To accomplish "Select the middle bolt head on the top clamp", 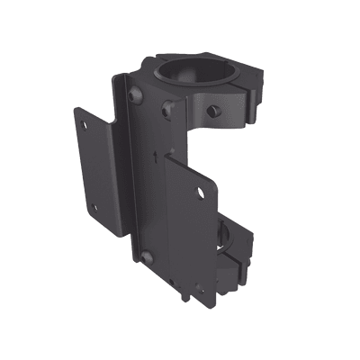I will click(x=166, y=110).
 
